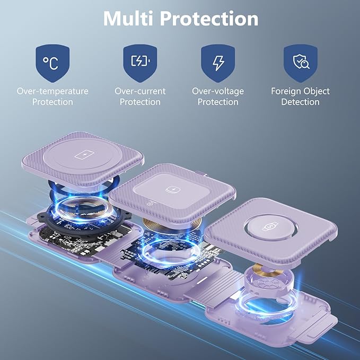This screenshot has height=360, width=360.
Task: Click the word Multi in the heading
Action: (x=128, y=19)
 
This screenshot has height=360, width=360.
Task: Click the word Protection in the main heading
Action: (x=209, y=19)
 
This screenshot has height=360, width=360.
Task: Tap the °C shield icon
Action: (x=52, y=64)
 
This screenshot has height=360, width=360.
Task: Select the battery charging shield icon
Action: (x=140, y=64)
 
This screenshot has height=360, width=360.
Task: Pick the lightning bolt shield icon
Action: (x=218, y=64)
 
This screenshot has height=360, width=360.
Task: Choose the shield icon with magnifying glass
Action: (x=301, y=64)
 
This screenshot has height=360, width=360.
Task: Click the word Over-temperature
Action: (x=52, y=91)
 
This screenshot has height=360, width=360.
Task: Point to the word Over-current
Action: (x=140, y=91)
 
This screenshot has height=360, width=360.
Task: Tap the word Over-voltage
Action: (x=218, y=91)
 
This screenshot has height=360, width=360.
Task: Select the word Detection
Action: (x=300, y=102)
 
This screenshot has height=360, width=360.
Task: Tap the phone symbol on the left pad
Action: (x=83, y=155)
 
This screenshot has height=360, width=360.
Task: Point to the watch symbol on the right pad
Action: (x=270, y=227)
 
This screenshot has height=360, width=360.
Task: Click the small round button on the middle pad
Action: (x=150, y=203)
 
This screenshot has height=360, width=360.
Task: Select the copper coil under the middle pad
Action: (x=172, y=223)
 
